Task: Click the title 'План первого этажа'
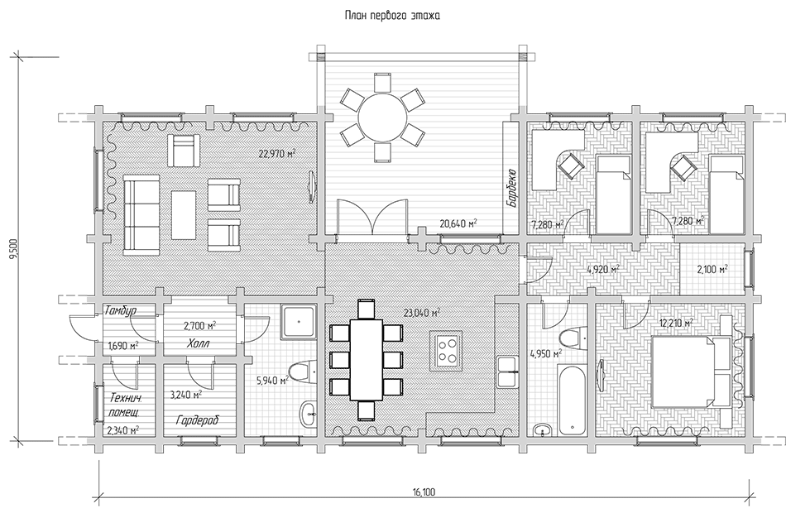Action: tap(392, 16)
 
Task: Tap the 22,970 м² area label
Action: tap(276, 154)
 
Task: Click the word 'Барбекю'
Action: tap(512, 188)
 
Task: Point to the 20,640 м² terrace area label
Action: tap(458, 223)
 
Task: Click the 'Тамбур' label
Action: tap(120, 311)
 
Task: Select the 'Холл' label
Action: tap(199, 344)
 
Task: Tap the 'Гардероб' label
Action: tap(198, 420)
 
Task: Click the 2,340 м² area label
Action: tap(122, 429)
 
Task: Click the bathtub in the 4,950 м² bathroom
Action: tap(571, 400)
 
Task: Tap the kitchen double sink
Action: tap(508, 372)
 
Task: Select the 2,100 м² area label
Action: tap(712, 270)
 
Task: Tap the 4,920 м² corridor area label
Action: tap(603, 270)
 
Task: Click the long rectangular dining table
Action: tap(366, 360)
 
